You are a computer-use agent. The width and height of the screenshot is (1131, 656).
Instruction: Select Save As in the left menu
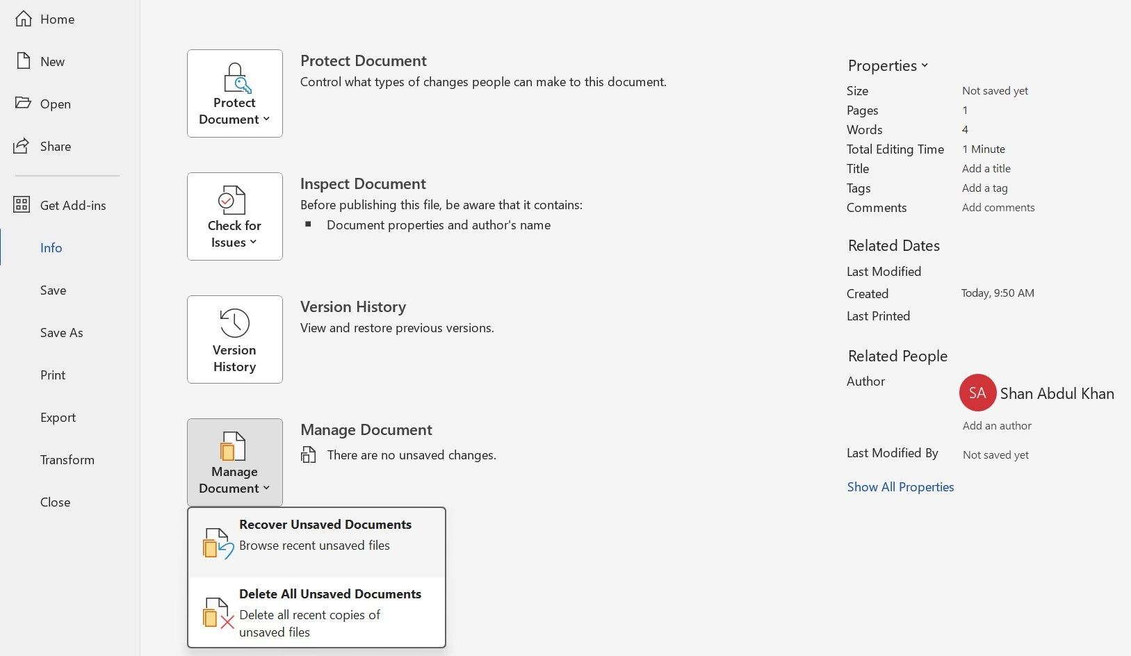(x=61, y=333)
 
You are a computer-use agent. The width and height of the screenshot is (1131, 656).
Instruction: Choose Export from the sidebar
(x=58, y=418)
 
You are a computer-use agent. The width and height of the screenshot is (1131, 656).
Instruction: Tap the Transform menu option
(x=67, y=460)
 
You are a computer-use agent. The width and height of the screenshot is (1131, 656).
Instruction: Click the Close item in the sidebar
(x=55, y=502)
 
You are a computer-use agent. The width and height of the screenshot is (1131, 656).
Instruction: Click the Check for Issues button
(x=234, y=217)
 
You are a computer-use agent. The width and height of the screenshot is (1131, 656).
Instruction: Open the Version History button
(x=234, y=340)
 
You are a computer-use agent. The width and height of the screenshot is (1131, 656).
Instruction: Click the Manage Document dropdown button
(x=234, y=463)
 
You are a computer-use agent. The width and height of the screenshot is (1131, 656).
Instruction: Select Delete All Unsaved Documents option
(x=316, y=612)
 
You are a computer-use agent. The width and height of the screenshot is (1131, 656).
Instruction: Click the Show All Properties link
(x=900, y=487)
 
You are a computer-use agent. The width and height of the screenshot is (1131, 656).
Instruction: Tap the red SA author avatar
(x=977, y=393)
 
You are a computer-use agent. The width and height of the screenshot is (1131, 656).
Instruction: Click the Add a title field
(x=986, y=169)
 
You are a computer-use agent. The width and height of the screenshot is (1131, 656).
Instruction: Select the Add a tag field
(x=984, y=188)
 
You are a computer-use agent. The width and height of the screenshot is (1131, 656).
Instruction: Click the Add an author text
(x=997, y=426)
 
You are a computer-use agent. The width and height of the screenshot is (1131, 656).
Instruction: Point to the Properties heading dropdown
(x=888, y=66)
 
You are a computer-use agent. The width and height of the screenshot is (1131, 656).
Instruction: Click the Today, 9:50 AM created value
(x=998, y=293)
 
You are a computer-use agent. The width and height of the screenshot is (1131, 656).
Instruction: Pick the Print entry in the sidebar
(x=53, y=375)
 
